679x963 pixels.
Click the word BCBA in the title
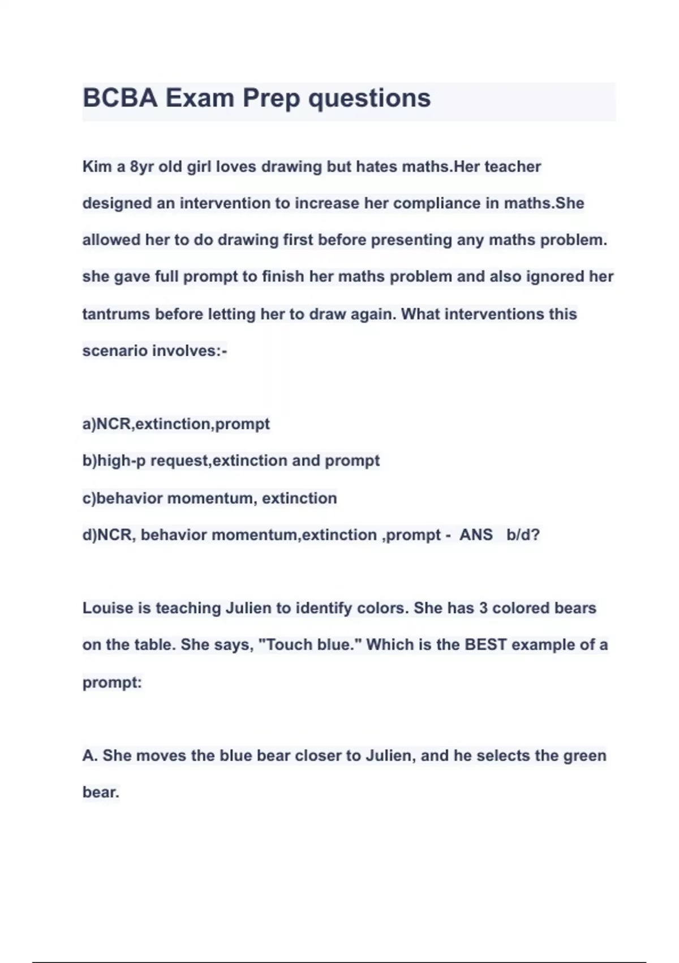tap(119, 98)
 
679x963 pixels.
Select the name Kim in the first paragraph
tap(97, 167)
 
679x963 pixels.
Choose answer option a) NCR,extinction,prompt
tap(176, 424)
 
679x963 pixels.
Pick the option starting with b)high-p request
tap(231, 461)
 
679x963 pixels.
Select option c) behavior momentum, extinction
tap(209, 498)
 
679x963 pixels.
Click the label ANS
tap(476, 535)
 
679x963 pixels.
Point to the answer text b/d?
tap(523, 535)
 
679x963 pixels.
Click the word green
tap(585, 755)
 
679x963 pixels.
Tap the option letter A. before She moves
tap(90, 755)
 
